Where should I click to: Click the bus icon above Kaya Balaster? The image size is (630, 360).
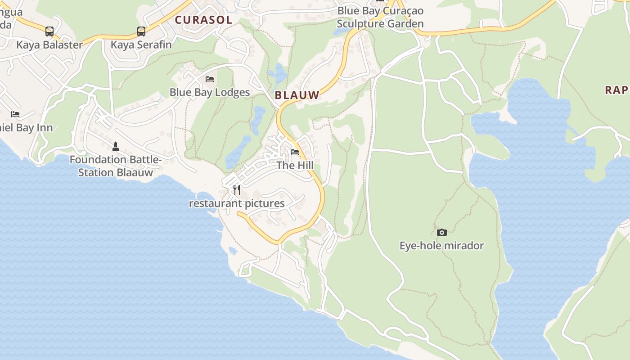(x=49, y=31)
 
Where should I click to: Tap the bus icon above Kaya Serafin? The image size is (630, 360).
(x=141, y=31)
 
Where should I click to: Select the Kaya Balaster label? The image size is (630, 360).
(x=49, y=45)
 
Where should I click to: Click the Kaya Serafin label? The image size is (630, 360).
(x=141, y=45)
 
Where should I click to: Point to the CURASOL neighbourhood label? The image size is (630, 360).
(x=203, y=20)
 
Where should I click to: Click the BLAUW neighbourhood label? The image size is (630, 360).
(x=297, y=95)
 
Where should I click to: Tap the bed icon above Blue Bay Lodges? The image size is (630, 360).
(x=210, y=79)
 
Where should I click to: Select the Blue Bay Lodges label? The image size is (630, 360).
(x=210, y=92)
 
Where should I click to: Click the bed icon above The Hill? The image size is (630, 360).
(x=295, y=152)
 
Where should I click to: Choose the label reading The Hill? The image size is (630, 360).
(x=295, y=165)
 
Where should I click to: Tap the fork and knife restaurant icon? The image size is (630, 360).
(x=237, y=190)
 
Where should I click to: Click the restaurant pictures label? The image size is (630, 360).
(x=237, y=203)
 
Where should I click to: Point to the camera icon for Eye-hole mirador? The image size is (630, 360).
(x=442, y=232)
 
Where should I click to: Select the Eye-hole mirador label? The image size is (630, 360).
(x=442, y=246)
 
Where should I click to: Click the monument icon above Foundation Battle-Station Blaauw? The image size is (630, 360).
(x=116, y=146)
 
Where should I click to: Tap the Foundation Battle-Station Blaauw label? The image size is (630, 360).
(x=116, y=166)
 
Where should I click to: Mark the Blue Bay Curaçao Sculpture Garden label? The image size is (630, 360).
(x=380, y=17)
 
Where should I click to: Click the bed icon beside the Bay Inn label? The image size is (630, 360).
(x=15, y=114)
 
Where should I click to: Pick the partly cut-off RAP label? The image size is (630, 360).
(x=616, y=90)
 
